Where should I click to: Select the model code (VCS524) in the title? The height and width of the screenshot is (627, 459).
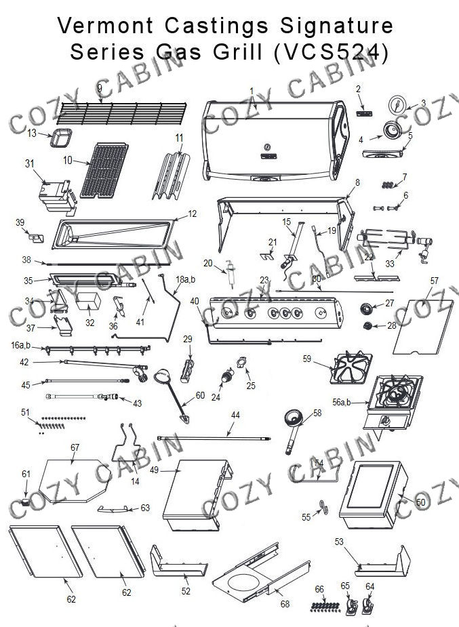pos(332,53)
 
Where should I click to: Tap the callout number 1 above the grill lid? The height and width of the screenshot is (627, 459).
pos(252,89)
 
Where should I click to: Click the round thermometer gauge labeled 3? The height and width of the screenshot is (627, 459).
pos(399,105)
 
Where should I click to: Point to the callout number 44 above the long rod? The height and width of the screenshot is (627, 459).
pos(235,414)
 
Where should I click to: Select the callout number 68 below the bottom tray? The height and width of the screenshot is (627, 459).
pos(285,604)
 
